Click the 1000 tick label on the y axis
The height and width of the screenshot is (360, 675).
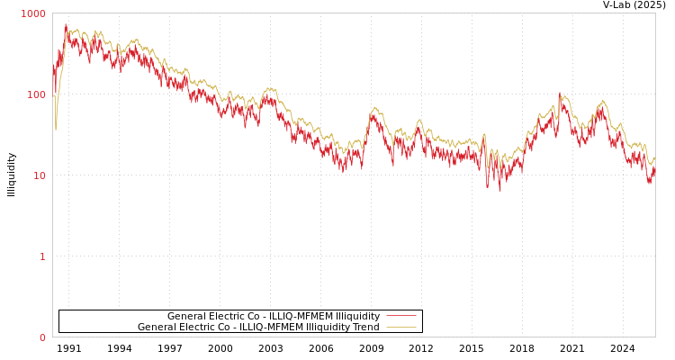click(x=33, y=13)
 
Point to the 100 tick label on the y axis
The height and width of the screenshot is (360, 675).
click(x=36, y=94)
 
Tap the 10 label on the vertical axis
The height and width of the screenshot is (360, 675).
click(x=39, y=175)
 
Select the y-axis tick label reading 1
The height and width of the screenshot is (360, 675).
click(x=42, y=256)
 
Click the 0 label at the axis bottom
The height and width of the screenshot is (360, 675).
click(x=42, y=337)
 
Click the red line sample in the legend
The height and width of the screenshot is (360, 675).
click(x=400, y=316)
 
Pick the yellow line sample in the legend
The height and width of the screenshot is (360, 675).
click(x=400, y=328)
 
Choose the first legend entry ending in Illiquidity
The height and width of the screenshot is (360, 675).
click(x=274, y=316)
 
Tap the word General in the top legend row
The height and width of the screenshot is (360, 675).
click(x=187, y=316)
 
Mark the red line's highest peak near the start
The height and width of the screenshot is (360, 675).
click(x=65, y=24)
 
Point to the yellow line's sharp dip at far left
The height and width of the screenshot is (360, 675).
click(x=55, y=130)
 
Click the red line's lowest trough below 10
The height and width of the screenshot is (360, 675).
click(x=500, y=190)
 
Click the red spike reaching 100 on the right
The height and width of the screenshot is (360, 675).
click(x=559, y=93)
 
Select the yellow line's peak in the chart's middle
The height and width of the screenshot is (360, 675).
click(x=375, y=107)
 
